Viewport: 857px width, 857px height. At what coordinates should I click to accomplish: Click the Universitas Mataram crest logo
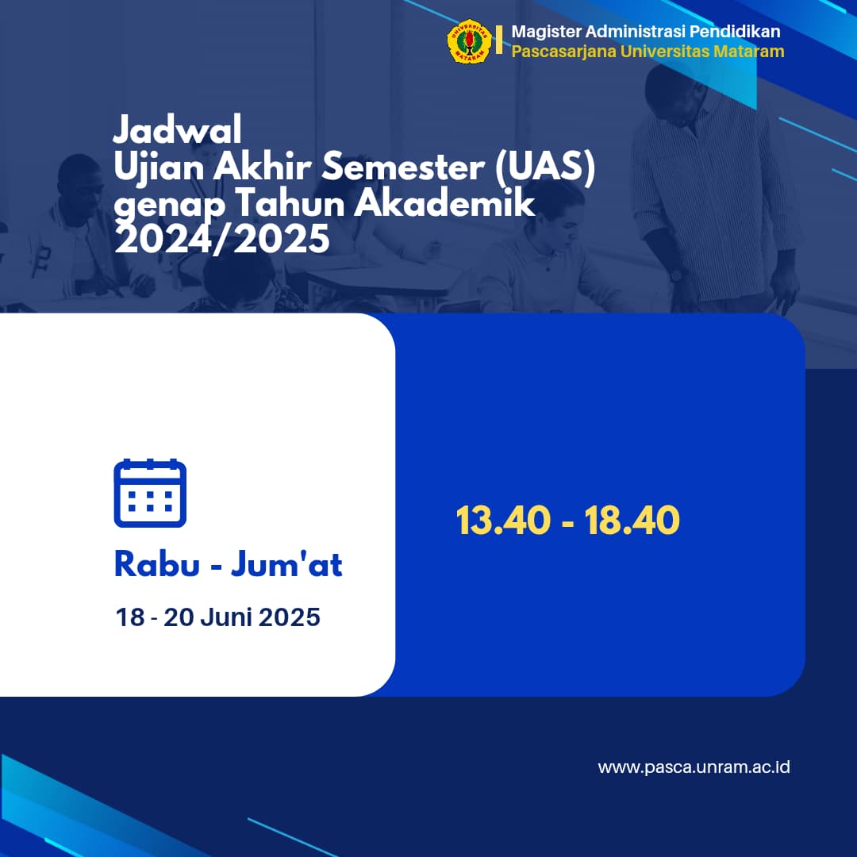(469, 41)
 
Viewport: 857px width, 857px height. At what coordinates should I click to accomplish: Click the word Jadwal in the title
(177, 130)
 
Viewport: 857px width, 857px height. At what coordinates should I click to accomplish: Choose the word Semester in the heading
(403, 167)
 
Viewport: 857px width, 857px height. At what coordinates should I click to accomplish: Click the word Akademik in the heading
(445, 203)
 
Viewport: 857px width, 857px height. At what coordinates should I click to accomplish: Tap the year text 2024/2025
(222, 239)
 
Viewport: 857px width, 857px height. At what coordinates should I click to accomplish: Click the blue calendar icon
(150, 493)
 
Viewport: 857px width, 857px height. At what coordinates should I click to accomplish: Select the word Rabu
(157, 564)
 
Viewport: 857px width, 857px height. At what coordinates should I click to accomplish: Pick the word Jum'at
(286, 564)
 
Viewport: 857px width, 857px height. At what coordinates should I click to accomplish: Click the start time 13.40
(503, 520)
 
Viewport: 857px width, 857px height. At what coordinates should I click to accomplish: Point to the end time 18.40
(632, 520)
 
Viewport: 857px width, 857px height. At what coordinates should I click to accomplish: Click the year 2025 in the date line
(289, 617)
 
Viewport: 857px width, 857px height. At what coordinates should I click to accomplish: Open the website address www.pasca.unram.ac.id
(694, 767)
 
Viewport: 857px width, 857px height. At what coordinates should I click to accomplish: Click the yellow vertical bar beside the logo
(499, 40)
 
